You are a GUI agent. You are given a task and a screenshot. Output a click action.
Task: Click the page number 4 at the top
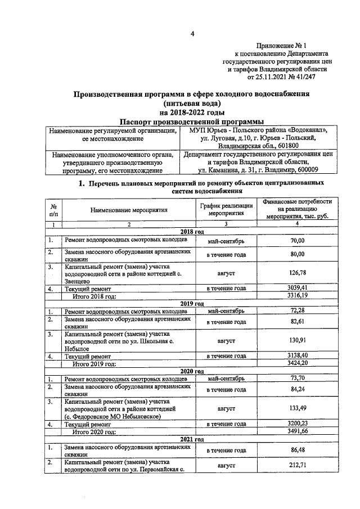pos(192,33)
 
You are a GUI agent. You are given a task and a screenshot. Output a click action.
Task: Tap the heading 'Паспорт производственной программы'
pos(191,121)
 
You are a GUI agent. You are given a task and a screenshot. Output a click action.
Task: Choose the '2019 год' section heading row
pos(192,303)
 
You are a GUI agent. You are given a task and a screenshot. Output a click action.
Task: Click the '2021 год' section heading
pos(192,439)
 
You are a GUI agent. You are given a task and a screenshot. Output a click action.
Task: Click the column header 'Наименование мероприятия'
pos(129,210)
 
